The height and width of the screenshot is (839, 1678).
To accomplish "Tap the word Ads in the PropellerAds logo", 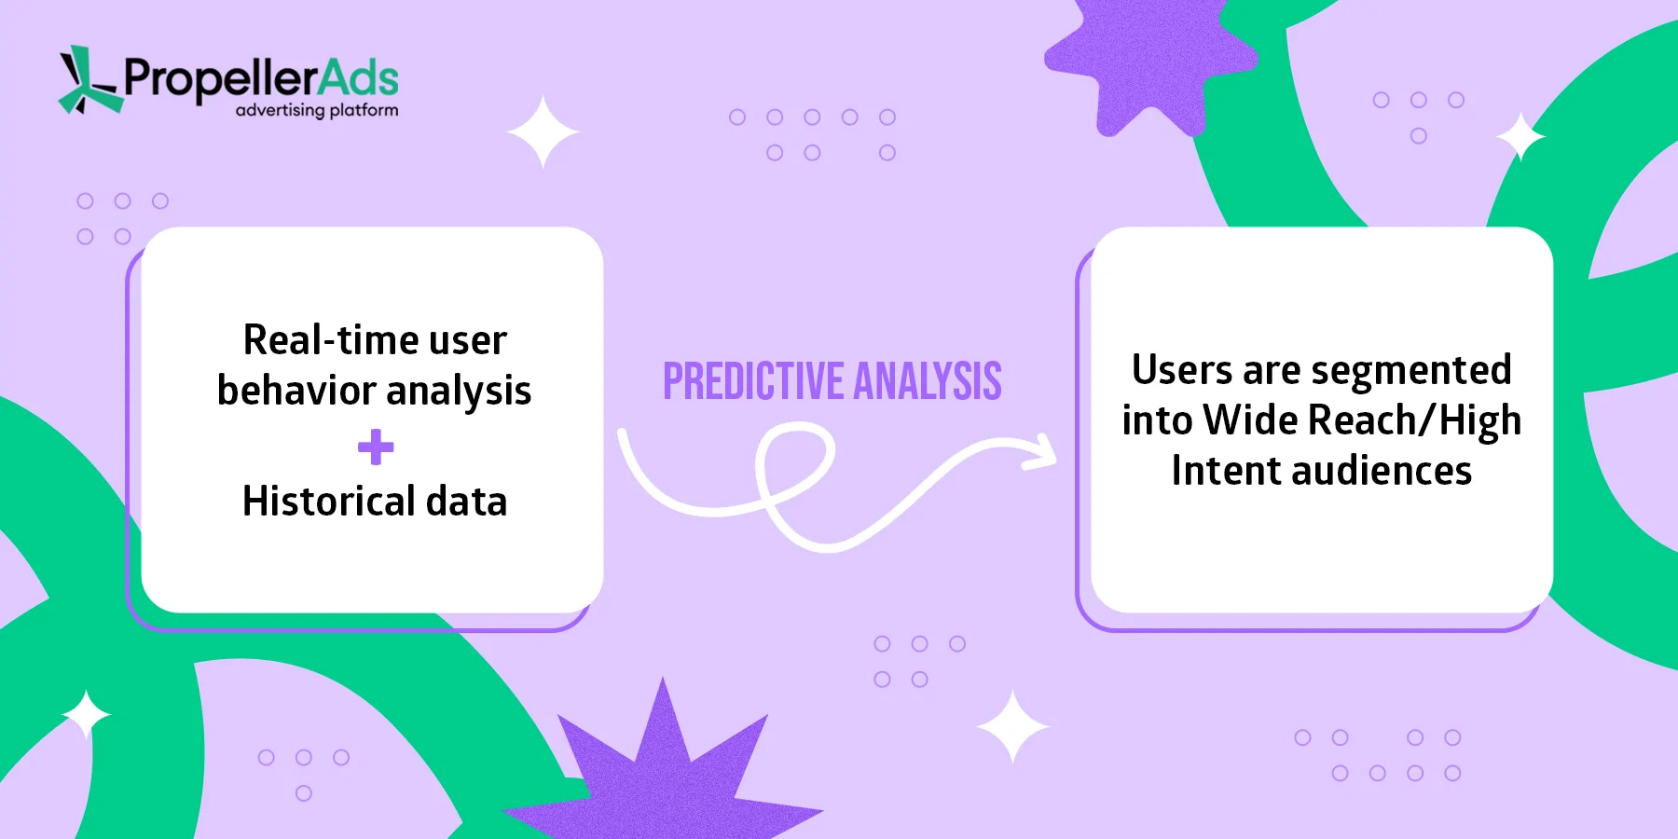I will [358, 78].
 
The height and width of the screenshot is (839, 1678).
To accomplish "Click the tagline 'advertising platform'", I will [317, 110].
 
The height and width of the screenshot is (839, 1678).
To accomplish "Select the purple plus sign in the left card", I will [376, 447].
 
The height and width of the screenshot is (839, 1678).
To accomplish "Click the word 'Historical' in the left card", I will [328, 502].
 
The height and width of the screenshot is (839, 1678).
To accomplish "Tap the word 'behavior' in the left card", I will [296, 391].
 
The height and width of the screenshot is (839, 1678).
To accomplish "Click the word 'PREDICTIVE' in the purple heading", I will [752, 381].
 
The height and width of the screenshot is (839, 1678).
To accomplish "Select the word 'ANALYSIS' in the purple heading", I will [928, 381].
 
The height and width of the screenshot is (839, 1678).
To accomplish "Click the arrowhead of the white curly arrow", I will [1042, 452].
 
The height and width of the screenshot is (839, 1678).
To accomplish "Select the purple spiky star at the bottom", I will [664, 774].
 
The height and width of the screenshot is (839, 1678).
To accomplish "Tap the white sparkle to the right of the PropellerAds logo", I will [543, 131].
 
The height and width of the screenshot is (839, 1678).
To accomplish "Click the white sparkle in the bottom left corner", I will [87, 714].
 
